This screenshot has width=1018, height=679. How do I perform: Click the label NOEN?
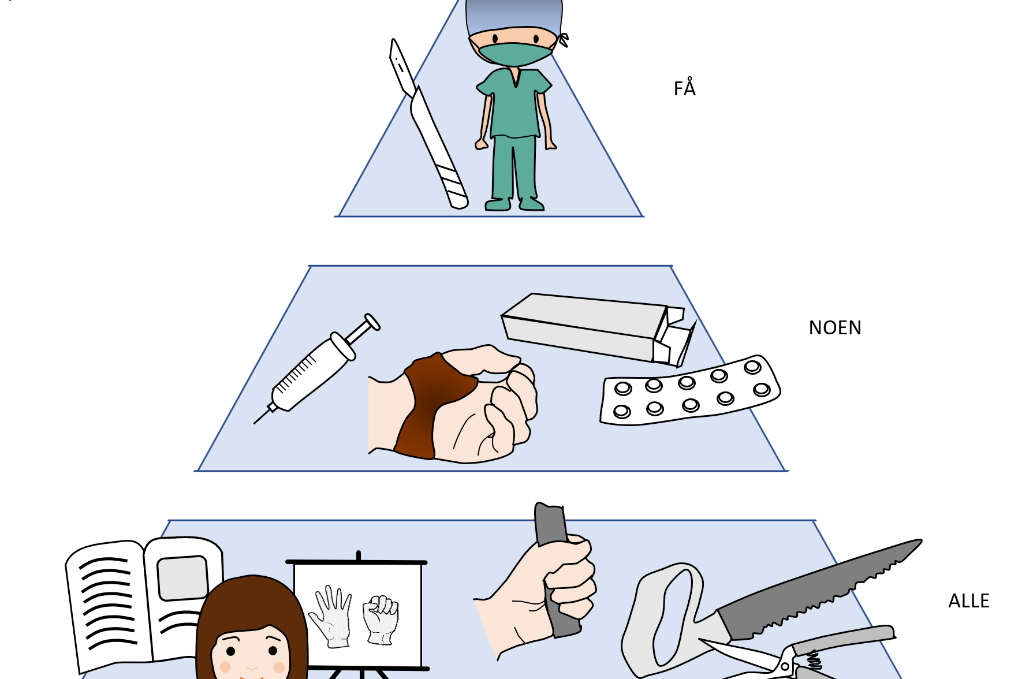coord(835,328)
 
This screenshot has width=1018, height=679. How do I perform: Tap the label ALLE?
coord(968,601)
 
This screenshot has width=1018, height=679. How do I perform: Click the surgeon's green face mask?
coord(515,54)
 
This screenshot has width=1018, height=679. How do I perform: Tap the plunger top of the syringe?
coord(372,322)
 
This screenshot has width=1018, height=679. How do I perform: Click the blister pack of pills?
coord(689,392)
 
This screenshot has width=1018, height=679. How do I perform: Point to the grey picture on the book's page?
coord(182,578)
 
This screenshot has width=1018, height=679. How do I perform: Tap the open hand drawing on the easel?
coord(331,616)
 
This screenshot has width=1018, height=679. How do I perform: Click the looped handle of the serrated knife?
coord(664,618)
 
